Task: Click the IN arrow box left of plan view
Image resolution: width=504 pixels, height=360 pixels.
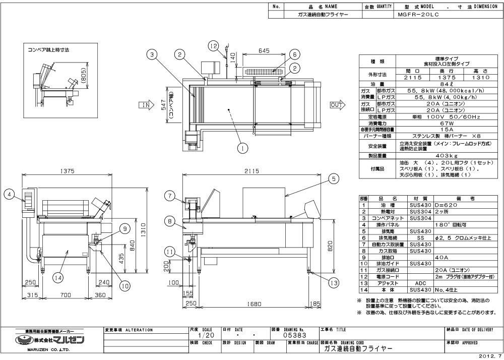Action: pyautogui.click(x=146, y=105)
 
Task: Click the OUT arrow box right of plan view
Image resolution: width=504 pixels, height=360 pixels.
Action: pyautogui.click(x=336, y=105)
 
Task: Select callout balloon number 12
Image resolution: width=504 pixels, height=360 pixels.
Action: pyautogui.click(x=214, y=46)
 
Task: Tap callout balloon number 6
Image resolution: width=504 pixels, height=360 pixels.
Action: pyautogui.click(x=295, y=54)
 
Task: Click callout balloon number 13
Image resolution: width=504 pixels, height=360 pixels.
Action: pyautogui.click(x=334, y=283)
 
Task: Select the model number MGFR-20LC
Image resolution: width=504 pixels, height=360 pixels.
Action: pyautogui.click(x=417, y=15)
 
